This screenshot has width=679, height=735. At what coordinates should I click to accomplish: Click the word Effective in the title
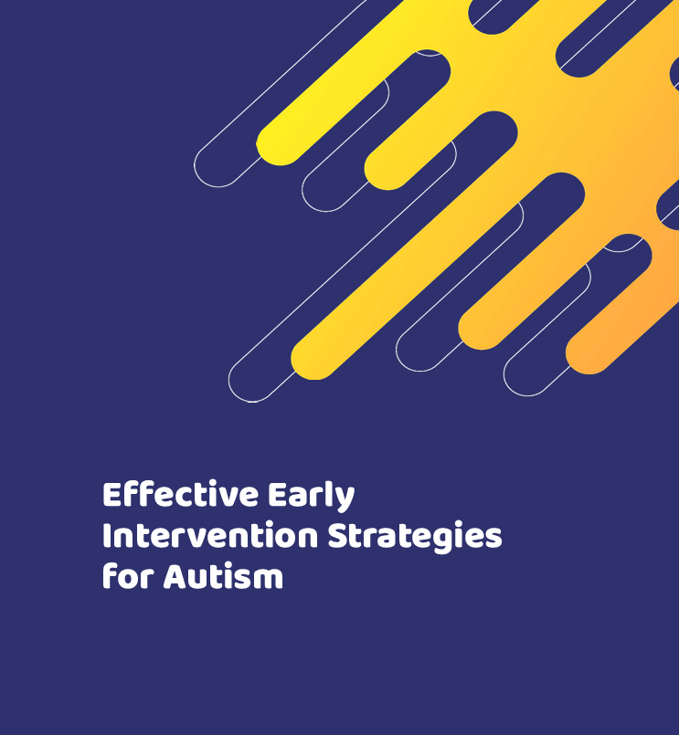[x=181, y=494]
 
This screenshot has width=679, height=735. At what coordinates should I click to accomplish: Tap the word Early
[x=311, y=497]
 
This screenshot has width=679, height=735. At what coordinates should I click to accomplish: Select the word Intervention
[x=210, y=535]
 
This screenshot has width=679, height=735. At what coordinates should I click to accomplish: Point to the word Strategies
[x=415, y=537]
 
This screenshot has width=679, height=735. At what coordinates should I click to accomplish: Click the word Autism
[x=223, y=575]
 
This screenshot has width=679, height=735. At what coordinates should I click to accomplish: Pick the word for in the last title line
[x=128, y=575]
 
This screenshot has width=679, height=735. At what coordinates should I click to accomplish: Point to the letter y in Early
[x=345, y=500]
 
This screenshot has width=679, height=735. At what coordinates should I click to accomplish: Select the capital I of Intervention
[x=107, y=535]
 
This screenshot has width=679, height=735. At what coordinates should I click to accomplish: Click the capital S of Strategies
[x=338, y=535]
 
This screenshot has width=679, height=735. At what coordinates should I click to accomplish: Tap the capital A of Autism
[x=176, y=576]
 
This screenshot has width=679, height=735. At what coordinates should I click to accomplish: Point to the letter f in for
[x=111, y=575]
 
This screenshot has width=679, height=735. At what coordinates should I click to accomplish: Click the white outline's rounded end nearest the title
[x=244, y=390]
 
